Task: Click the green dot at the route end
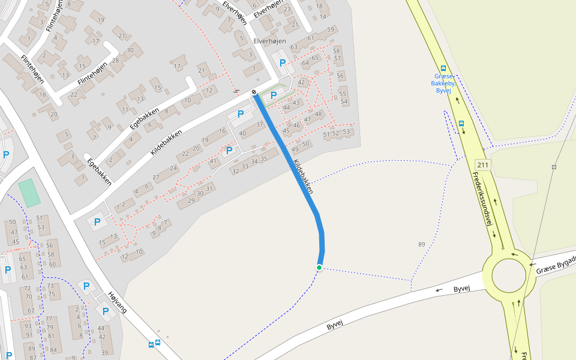(x=319, y=268)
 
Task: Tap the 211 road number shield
(x=483, y=164)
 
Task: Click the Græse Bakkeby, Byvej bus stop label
(x=443, y=83)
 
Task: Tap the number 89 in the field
(x=421, y=244)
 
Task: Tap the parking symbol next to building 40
(x=241, y=114)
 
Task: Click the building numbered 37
(x=260, y=125)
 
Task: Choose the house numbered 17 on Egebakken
(x=177, y=66)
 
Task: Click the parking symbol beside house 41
(x=229, y=151)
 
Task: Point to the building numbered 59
(x=331, y=30)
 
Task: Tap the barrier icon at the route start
(x=254, y=92)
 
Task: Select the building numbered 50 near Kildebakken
(x=305, y=144)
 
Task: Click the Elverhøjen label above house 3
(x=268, y=41)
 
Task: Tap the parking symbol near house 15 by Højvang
(x=97, y=222)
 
